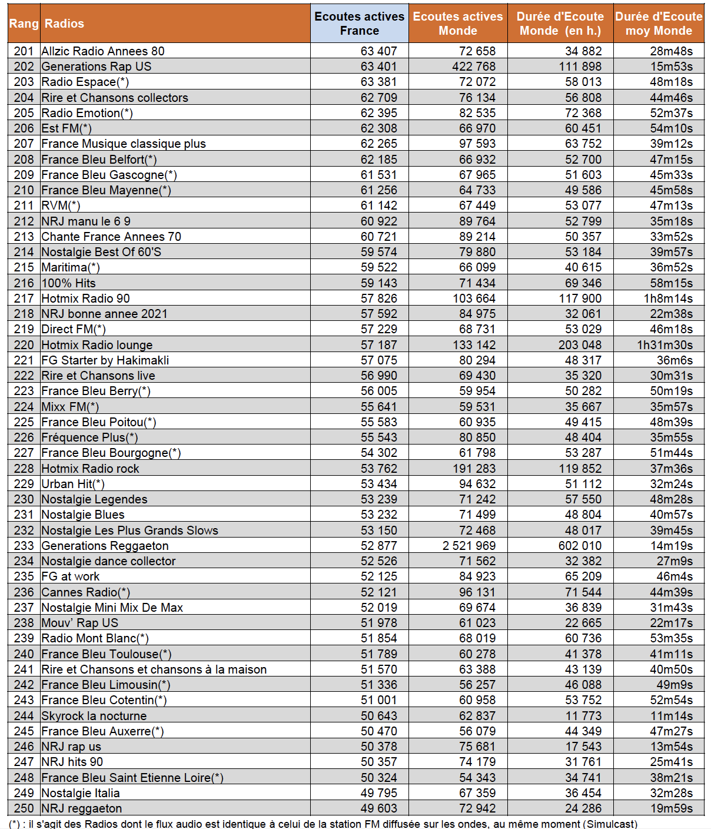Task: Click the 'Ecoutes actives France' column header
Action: point(359,24)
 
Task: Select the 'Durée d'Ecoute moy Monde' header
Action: point(659,24)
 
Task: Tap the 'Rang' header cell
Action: point(24,24)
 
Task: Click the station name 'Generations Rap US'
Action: point(97,67)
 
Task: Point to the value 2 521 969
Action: point(469,546)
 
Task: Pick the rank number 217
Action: point(24,299)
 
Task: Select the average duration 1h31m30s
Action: point(665,345)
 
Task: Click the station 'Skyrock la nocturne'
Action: point(94,716)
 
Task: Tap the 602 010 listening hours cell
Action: point(580,546)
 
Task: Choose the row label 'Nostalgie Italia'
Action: point(81,793)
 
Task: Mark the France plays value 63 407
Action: point(378,51)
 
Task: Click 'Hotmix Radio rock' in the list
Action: point(90,469)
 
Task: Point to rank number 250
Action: point(24,808)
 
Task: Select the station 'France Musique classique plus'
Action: point(124,144)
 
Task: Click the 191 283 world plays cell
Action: point(474,469)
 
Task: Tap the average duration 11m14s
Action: point(671,716)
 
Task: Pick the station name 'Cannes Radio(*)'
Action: point(86,592)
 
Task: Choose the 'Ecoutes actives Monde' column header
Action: point(457,24)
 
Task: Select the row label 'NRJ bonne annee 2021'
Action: point(104,314)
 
